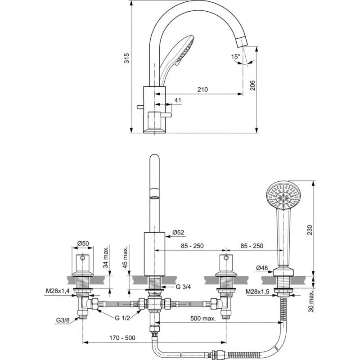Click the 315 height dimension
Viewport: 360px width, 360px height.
click(126, 58)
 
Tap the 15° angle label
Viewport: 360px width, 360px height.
click(235, 57)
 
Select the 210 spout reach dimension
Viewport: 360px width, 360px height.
click(202, 90)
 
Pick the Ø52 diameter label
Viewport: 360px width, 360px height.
click(178, 233)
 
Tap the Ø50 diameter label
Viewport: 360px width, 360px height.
click(82, 243)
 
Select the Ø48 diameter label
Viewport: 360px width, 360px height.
click(262, 268)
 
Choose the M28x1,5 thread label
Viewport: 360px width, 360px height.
click(258, 292)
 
